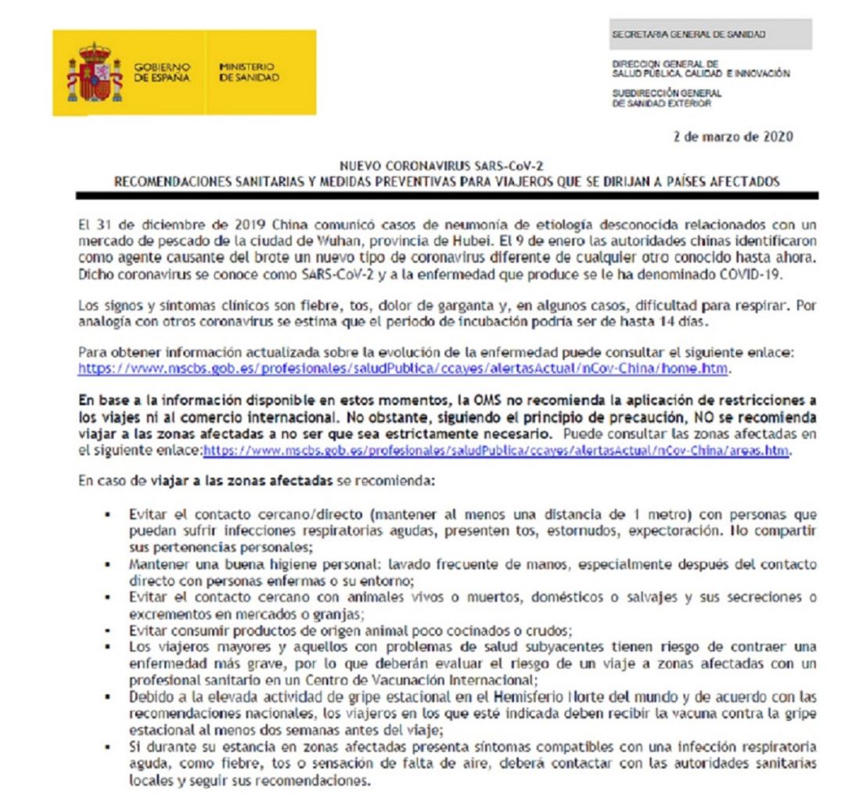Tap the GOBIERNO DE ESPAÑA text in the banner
coord(160,73)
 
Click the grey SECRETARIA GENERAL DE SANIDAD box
coord(711,34)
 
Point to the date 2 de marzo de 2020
coord(733,136)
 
